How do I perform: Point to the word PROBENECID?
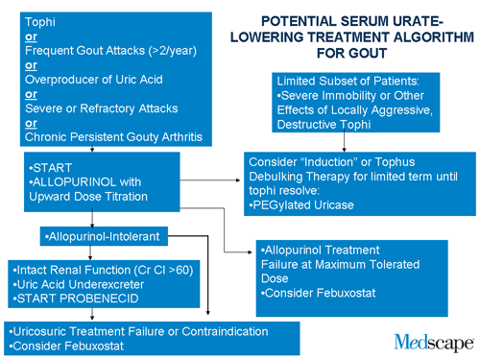click(x=104, y=299)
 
